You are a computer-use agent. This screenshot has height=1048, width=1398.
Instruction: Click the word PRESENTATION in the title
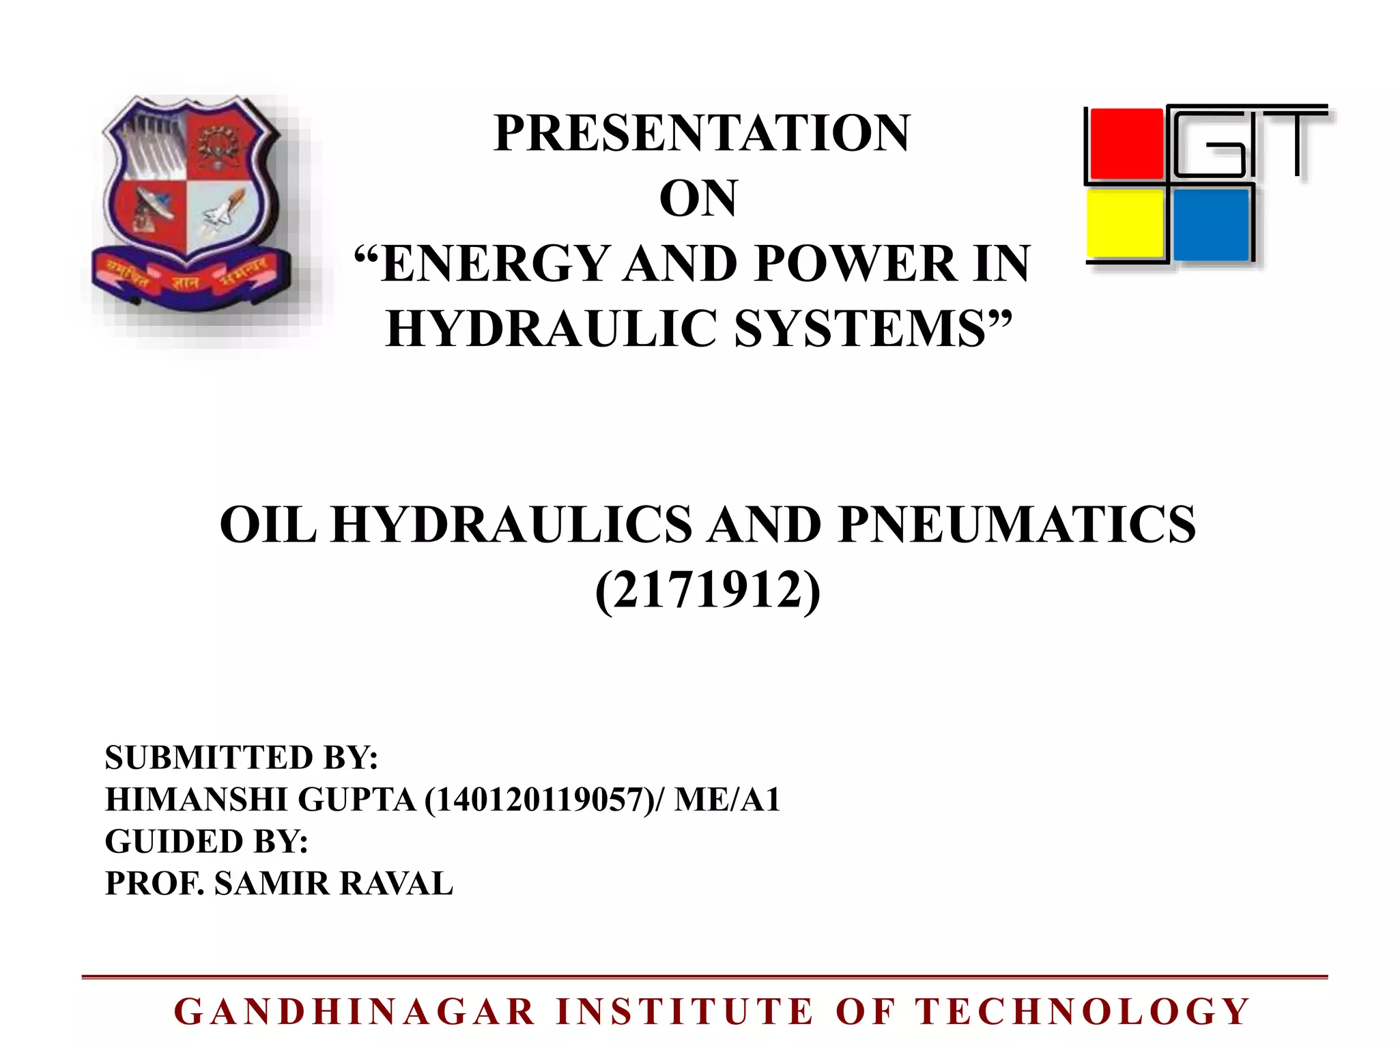click(x=702, y=133)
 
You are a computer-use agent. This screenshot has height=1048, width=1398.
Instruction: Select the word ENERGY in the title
click(x=496, y=264)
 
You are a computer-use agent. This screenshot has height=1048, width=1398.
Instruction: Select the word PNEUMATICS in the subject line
click(x=1017, y=525)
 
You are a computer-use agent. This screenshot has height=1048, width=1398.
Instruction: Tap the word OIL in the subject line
click(x=268, y=525)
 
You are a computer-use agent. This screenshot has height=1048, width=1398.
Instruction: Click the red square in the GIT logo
click(x=1126, y=143)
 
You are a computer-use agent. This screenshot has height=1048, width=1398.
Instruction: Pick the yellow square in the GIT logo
click(x=1125, y=224)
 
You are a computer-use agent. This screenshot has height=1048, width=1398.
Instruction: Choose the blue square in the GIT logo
click(x=1211, y=224)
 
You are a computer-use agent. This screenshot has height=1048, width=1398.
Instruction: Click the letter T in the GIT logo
click(x=1296, y=140)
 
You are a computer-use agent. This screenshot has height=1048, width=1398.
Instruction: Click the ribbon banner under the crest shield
click(x=191, y=276)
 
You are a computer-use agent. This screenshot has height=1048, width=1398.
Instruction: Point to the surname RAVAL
click(x=396, y=884)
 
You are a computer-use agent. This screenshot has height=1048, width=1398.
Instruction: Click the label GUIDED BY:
click(x=206, y=841)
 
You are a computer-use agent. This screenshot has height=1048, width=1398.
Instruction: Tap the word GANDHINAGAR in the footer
click(x=355, y=1011)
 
